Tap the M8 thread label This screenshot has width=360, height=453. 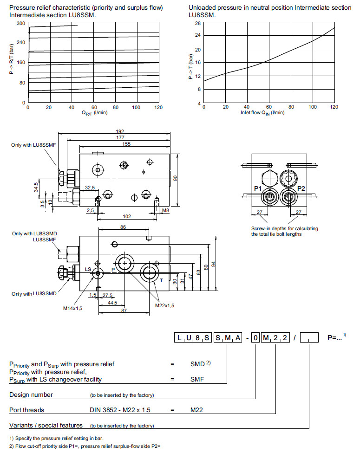(x=166, y=211)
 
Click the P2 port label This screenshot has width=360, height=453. (x=301, y=188)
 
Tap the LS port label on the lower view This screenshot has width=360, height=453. (x=88, y=269)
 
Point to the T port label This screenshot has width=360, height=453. (x=161, y=280)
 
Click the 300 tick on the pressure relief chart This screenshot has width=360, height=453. (x=21, y=23)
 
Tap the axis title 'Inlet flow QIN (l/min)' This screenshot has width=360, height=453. (x=262, y=113)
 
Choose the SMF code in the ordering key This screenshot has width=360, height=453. (x=198, y=379)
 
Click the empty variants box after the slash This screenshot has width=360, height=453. (x=309, y=338)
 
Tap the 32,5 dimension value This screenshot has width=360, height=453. (x=90, y=188)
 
